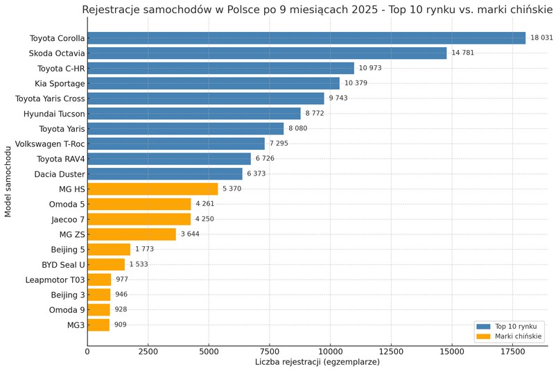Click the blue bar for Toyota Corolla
[306, 38]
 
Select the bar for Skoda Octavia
[267, 53]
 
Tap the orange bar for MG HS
[152, 189]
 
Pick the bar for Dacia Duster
[165, 173]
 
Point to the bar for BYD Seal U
[106, 264]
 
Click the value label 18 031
[541, 38]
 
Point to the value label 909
[121, 325]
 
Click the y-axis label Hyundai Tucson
[54, 114]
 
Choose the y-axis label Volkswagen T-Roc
[50, 144]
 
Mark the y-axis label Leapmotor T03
[55, 279]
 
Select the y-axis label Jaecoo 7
[68, 219]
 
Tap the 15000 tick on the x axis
[451, 352]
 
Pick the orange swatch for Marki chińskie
[482, 336]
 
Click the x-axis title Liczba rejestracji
[317, 362]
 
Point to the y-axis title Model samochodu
[8, 181]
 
